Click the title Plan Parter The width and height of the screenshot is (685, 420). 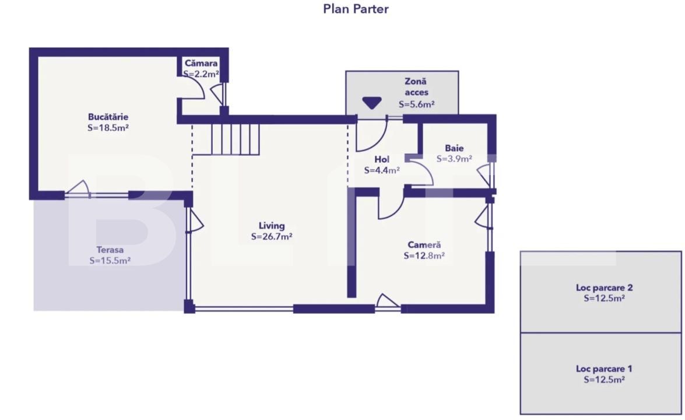[356, 9]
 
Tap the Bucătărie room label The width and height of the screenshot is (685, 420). [108, 117]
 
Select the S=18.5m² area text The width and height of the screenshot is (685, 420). [108, 128]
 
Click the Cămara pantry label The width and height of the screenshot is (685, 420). [201, 64]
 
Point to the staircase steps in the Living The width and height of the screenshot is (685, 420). [236, 139]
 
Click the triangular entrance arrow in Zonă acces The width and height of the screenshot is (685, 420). [372, 103]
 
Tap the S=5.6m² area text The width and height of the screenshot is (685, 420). [416, 104]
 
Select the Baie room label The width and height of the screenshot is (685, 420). [454, 148]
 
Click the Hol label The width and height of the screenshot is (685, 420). [382, 159]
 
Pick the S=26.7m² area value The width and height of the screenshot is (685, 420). [272, 236]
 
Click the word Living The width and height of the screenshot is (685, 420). [272, 226]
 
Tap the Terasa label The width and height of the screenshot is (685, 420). [110, 250]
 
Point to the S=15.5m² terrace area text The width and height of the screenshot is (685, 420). [110, 261]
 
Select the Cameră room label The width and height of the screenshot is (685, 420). [424, 245]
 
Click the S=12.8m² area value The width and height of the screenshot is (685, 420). [424, 256]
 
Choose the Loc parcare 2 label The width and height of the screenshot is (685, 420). [604, 288]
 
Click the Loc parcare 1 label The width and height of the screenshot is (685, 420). [604, 369]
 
